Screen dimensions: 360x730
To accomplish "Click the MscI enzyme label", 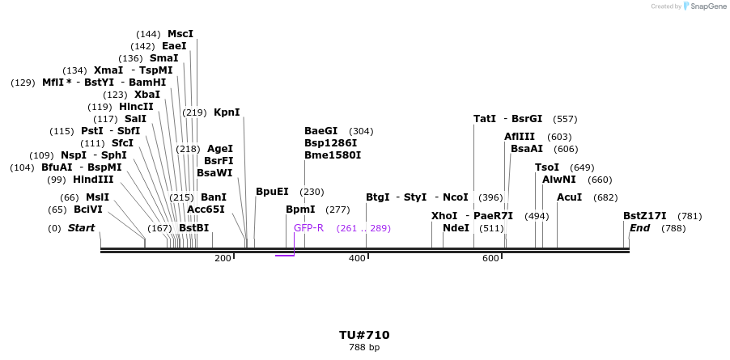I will click(180, 34).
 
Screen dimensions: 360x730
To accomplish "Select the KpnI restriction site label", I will click(227, 112).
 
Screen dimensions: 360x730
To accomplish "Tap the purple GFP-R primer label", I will click(308, 228).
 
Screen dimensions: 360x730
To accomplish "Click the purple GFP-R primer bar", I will click(285, 256).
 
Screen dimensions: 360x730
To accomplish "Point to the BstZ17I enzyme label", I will click(645, 216).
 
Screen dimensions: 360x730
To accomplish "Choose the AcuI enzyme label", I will click(570, 197).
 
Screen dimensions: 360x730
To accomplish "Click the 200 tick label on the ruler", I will click(223, 258).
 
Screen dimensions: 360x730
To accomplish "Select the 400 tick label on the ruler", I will click(357, 258).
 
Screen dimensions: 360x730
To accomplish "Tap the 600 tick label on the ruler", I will click(490, 258).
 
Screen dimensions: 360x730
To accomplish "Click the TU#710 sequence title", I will click(364, 335).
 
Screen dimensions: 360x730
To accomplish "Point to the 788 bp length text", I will click(364, 347).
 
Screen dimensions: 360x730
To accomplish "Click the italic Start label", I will click(81, 228).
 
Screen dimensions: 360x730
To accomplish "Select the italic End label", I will click(639, 228).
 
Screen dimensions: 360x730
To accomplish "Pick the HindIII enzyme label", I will click(93, 180).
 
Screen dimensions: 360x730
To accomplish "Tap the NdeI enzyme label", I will click(456, 228).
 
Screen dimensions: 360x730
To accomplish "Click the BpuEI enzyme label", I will click(272, 192).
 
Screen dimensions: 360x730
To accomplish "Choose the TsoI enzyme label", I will click(547, 167).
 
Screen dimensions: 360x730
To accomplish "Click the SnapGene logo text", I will click(707, 6).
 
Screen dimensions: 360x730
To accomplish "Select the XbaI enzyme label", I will click(147, 95).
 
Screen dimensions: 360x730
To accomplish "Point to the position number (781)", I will click(690, 216).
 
